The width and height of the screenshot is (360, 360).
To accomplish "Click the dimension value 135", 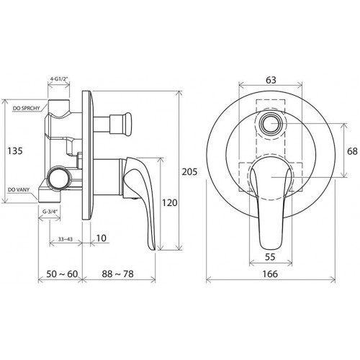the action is click(15, 151).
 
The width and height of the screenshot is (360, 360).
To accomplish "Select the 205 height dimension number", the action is click(189, 172).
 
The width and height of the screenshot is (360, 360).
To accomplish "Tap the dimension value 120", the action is click(170, 203).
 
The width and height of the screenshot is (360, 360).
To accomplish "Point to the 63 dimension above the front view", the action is click(271, 80).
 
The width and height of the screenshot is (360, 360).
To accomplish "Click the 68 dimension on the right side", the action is click(352, 151).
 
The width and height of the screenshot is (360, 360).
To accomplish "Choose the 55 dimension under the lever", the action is click(270, 257).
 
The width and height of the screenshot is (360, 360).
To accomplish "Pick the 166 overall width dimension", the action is click(270, 274).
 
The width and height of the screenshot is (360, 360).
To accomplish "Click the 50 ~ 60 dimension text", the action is click(62, 274).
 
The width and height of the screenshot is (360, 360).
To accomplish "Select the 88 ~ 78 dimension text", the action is click(117, 274).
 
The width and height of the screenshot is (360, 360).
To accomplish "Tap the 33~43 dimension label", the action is click(66, 239).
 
